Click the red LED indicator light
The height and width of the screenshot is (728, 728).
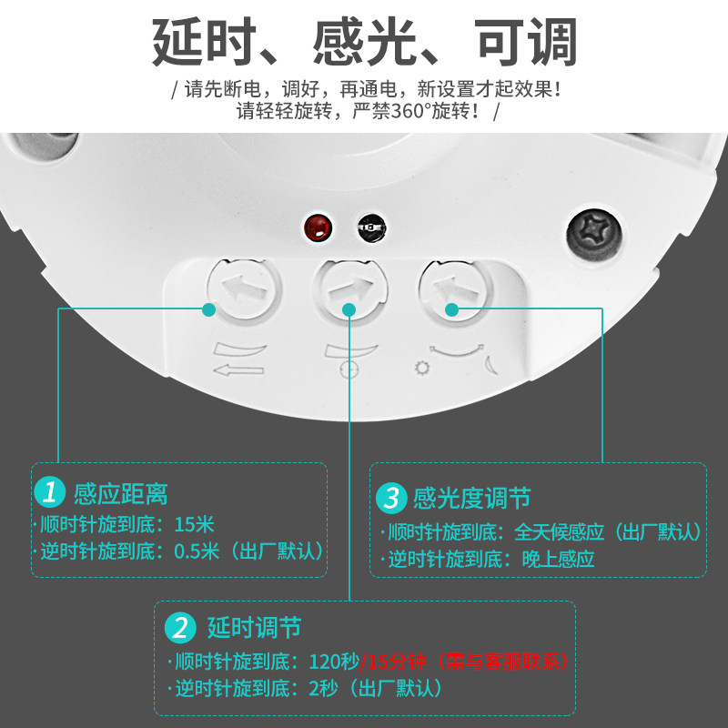[x=318, y=227]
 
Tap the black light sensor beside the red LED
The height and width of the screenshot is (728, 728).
[x=371, y=227]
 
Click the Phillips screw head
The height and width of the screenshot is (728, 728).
[x=595, y=236]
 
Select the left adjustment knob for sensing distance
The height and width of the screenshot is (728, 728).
[x=244, y=289]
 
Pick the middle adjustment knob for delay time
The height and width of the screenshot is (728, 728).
[x=350, y=290]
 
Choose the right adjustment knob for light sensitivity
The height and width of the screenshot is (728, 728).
[x=456, y=290]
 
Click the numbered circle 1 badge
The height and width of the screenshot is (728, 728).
[x=50, y=491]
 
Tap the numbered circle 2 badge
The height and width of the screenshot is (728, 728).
[x=180, y=628]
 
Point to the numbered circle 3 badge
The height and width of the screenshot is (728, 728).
[x=391, y=498]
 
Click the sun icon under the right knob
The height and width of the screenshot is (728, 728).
[x=422, y=369]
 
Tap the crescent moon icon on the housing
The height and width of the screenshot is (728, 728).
[x=491, y=365]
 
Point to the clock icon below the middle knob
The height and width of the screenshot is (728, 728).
[x=349, y=370]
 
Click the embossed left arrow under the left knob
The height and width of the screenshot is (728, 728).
[x=238, y=370]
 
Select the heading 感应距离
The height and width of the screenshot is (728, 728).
[x=121, y=493]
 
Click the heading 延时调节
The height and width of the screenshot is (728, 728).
[x=254, y=628]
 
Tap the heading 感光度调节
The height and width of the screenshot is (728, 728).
[x=471, y=498]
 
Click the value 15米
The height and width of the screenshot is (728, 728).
[x=194, y=525]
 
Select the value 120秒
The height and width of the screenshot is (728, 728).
[x=334, y=662]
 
